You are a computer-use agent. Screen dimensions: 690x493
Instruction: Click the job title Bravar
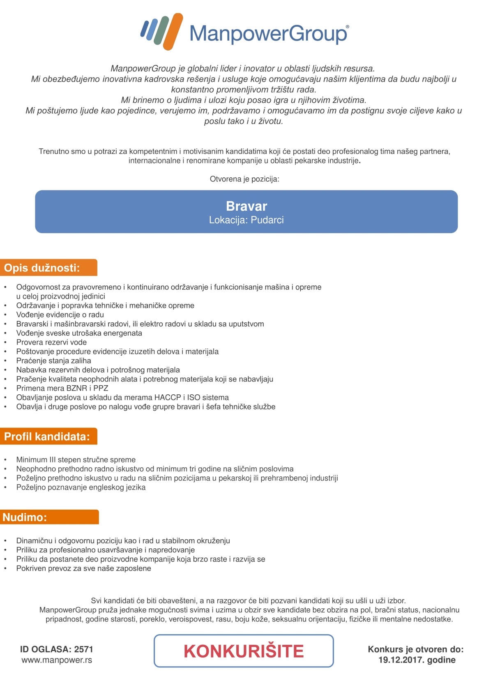[x=246, y=206]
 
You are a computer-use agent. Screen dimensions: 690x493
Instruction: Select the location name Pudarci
[x=267, y=220]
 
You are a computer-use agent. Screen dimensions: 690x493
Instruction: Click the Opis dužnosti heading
[x=42, y=268]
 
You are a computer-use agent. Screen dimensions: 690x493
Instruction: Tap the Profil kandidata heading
[x=47, y=437]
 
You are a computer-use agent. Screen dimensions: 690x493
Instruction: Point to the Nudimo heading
[x=25, y=517]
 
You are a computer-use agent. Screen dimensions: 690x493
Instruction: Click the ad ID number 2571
[x=84, y=649]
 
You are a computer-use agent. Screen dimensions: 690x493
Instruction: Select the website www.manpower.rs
[x=57, y=660]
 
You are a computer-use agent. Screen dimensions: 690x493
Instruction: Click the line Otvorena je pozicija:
[x=244, y=179]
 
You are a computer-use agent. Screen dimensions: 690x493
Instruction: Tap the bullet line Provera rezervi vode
[x=51, y=343]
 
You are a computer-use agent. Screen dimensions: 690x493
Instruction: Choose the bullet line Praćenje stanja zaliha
[x=53, y=361]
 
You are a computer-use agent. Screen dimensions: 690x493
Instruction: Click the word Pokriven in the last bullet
[x=32, y=568]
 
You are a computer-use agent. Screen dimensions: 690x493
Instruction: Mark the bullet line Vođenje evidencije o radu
[x=60, y=315]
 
